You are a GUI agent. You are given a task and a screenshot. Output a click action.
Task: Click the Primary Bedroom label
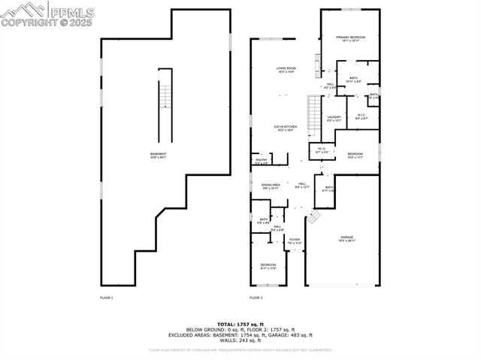(350, 39)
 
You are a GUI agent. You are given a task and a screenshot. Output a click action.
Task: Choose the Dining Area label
(271, 186)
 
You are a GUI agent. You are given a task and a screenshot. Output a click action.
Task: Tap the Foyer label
(294, 241)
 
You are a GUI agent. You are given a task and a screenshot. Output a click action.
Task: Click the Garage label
(346, 238)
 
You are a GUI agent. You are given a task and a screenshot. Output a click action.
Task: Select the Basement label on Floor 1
(159, 156)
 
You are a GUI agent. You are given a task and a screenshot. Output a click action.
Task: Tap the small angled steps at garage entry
(313, 218)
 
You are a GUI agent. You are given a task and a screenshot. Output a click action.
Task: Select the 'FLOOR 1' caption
(107, 298)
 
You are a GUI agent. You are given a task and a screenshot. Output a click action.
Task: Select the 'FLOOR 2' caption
(257, 298)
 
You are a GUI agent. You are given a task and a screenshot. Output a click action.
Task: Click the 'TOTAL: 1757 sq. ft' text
(240, 324)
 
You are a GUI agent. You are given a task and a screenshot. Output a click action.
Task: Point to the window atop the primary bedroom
(350, 10)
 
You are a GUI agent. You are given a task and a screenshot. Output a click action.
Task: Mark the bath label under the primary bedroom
(353, 80)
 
